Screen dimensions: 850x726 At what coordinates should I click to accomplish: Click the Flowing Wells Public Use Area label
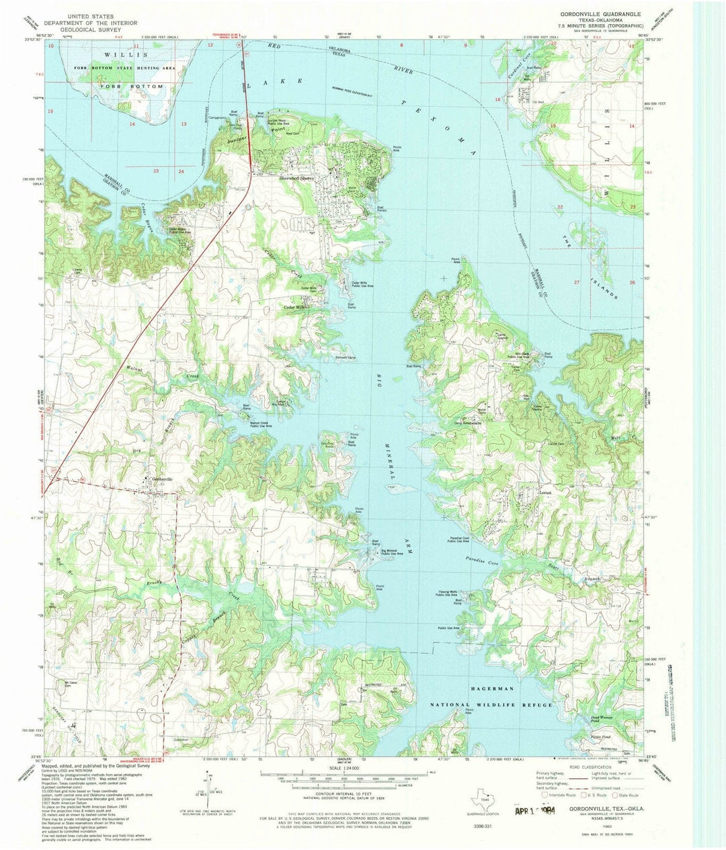448,594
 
